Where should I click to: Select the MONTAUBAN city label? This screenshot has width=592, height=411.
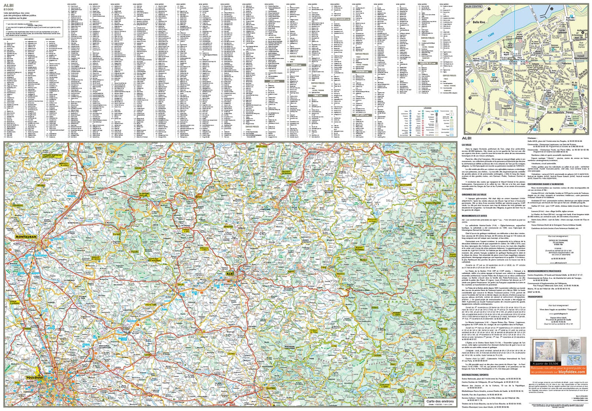pos(26,237)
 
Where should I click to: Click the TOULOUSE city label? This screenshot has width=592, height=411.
pos(34,377)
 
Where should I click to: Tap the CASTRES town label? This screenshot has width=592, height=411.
pos(271,388)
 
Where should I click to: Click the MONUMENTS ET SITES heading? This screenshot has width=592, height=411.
pos(474,216)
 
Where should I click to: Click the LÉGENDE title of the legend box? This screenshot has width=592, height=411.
pos(427,108)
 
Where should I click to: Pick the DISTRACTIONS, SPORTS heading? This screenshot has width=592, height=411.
pos(475,375)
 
